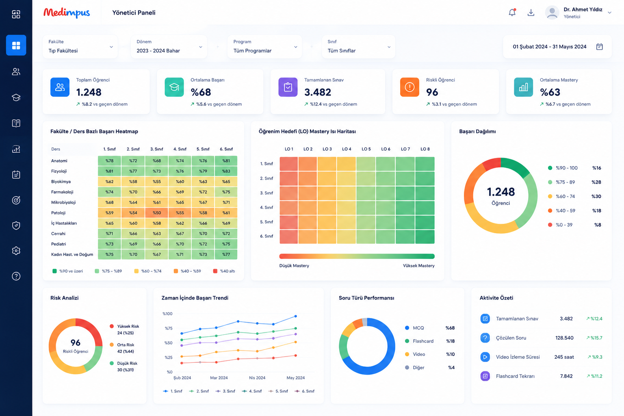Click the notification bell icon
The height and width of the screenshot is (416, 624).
(x=512, y=13)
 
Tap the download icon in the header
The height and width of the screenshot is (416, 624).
(x=531, y=13)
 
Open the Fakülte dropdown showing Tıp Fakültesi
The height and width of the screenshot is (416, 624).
(x=80, y=47)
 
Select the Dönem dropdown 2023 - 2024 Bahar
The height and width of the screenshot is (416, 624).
(x=169, y=47)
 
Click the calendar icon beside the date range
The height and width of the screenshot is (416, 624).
(x=600, y=47)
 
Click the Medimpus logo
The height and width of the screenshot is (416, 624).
(x=67, y=13)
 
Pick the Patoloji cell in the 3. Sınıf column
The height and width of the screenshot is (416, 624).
(x=156, y=213)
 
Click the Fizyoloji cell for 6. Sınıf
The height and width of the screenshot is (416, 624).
(x=226, y=171)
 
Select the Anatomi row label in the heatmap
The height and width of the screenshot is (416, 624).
(x=59, y=161)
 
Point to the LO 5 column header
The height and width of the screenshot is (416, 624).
(x=366, y=149)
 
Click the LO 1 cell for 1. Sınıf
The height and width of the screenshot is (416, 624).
(x=289, y=164)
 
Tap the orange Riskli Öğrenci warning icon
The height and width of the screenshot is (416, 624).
(x=409, y=87)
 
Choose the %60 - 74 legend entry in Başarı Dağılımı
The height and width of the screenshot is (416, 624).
(x=565, y=197)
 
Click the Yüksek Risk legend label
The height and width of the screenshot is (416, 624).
(x=128, y=326)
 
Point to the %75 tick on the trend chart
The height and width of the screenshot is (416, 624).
(x=169, y=328)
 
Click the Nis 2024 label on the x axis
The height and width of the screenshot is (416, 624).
(x=257, y=378)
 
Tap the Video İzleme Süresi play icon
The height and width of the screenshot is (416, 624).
(x=485, y=357)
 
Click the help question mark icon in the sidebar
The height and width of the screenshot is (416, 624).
(x=16, y=276)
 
